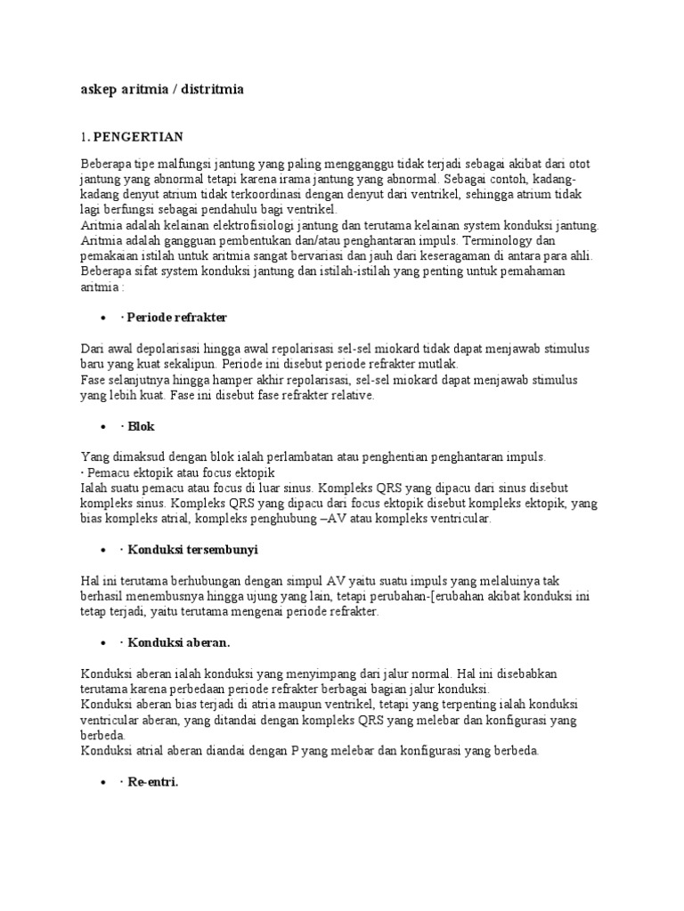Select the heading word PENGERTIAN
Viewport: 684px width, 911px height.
tap(138, 136)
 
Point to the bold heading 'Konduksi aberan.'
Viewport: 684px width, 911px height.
tap(181, 641)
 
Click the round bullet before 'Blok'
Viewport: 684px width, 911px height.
tap(106, 427)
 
